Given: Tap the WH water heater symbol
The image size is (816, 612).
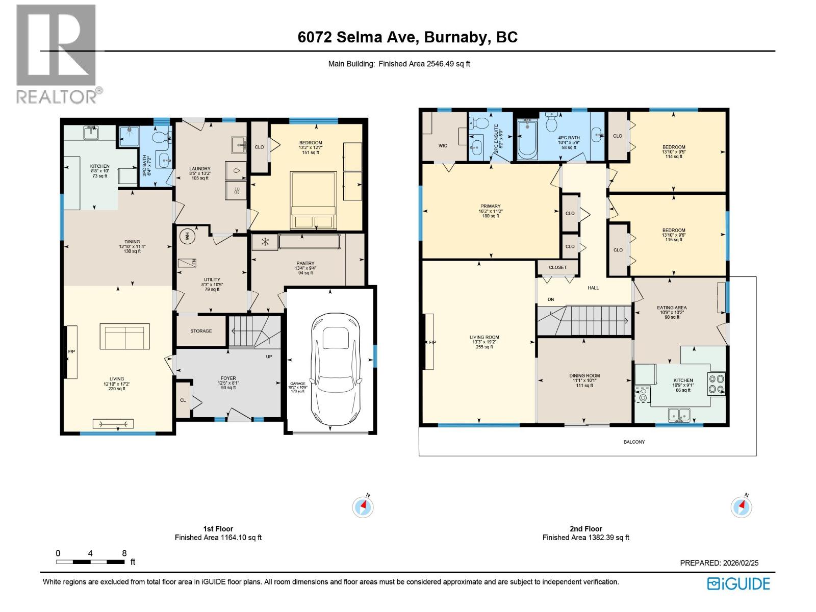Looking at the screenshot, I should point(187,236).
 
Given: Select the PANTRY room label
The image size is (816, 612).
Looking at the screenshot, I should point(305,264).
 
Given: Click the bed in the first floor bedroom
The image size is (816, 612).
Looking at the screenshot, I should point(313,200).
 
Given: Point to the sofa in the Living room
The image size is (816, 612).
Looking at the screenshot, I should point(124,336).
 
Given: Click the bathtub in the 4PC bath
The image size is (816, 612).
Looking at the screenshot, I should point(527,139).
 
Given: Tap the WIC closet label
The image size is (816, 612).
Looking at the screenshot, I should point(443,146).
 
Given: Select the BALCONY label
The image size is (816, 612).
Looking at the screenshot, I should point(634,442).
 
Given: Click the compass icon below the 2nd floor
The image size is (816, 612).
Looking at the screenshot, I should point(741,507).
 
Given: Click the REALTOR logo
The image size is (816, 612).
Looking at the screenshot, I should point(57,54).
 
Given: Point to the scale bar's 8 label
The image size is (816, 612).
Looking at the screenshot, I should point(124,553).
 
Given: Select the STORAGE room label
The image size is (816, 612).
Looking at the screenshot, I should point(201,331).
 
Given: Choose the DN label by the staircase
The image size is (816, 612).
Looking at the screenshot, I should point(551,299).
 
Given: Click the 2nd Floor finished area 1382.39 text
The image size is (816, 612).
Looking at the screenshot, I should point(586,538).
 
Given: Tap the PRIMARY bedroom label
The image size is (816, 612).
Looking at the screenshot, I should point(490,207).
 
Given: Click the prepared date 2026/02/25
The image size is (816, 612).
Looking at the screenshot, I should point(741,563).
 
